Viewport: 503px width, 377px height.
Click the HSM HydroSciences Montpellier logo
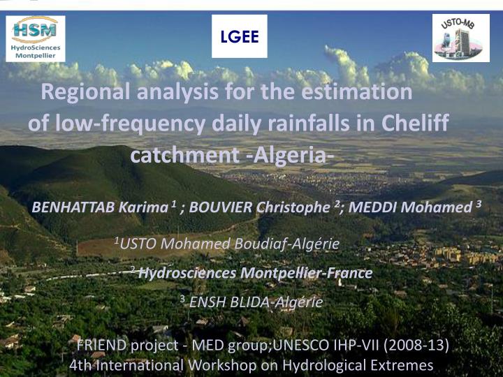coord(36,38)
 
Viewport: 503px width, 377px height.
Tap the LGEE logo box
coord(240,36)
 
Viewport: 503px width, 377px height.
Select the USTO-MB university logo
coord(460,38)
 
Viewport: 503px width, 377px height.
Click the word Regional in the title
coord(85,92)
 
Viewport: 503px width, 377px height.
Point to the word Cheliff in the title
coord(416,122)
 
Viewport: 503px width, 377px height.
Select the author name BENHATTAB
coord(73,207)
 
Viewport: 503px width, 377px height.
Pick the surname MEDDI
coord(372,207)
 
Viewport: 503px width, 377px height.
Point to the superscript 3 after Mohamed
coord(479,204)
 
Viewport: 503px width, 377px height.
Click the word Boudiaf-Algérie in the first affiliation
coord(287,244)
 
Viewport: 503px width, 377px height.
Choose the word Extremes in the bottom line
coord(402,365)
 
